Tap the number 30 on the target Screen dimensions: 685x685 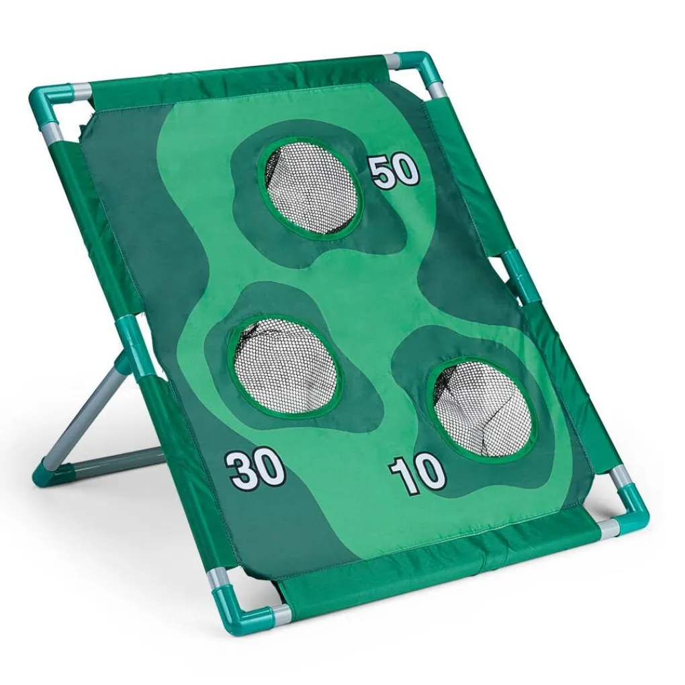pyautogui.click(x=255, y=471)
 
